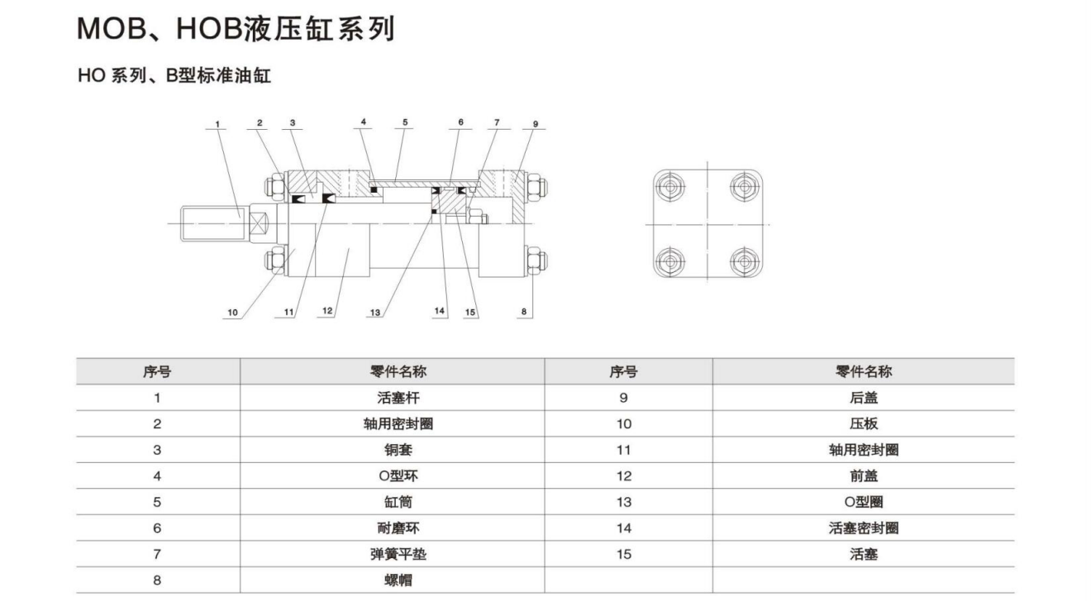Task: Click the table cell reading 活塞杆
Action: click(x=393, y=398)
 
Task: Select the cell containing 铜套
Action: click(x=393, y=450)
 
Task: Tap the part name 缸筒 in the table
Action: click(x=393, y=502)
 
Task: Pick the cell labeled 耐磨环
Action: click(x=393, y=528)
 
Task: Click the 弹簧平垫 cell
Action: click(x=393, y=554)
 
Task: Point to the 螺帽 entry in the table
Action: click(x=393, y=580)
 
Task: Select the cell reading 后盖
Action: click(x=864, y=398)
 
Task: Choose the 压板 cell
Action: click(x=864, y=423)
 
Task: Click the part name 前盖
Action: click(x=864, y=475)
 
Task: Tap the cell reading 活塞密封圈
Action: click(x=864, y=528)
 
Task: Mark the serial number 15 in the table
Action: click(x=624, y=554)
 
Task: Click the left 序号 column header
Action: click(x=157, y=371)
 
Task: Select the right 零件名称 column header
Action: click(x=864, y=371)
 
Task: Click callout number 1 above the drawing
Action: click(x=217, y=125)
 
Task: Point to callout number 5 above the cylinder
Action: click(x=405, y=122)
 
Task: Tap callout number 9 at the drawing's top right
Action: click(x=535, y=124)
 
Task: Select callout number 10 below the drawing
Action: click(x=232, y=313)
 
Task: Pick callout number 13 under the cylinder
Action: click(x=376, y=313)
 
